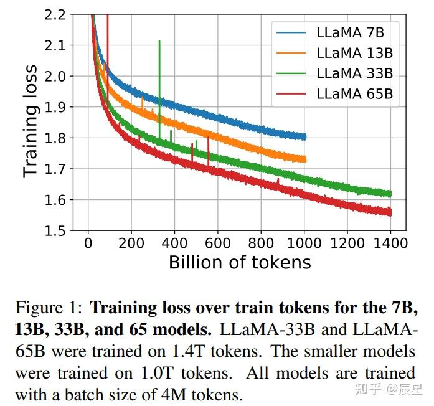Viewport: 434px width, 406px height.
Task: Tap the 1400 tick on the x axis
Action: point(390,242)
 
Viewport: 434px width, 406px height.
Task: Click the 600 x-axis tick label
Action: point(217,242)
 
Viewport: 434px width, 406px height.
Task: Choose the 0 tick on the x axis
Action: point(88,242)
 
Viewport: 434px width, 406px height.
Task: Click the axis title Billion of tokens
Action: point(240,262)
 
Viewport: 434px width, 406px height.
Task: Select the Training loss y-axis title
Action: point(30,121)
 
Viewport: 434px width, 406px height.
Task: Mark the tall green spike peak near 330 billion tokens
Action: point(159,41)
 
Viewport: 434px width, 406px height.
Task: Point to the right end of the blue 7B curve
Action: point(305,136)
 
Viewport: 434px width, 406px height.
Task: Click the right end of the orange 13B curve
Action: point(305,159)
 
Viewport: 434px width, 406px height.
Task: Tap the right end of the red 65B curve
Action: point(390,212)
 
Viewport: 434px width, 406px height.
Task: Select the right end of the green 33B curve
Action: point(390,194)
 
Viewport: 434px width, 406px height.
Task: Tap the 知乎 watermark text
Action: point(367,390)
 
